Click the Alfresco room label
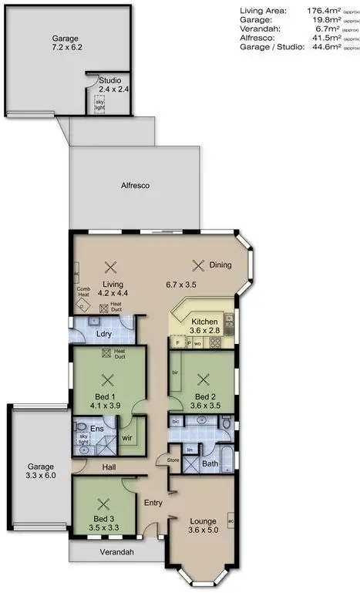pyautogui.click(x=134, y=187)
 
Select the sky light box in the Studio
pyautogui.click(x=99, y=104)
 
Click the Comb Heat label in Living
pyautogui.click(x=84, y=293)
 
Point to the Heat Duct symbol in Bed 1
pyautogui.click(x=107, y=355)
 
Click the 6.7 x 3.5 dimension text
pyautogui.click(x=182, y=284)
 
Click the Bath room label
pyautogui.click(x=210, y=464)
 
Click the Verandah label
pyautogui.click(x=116, y=552)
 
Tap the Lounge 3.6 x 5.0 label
pyautogui.click(x=203, y=525)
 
